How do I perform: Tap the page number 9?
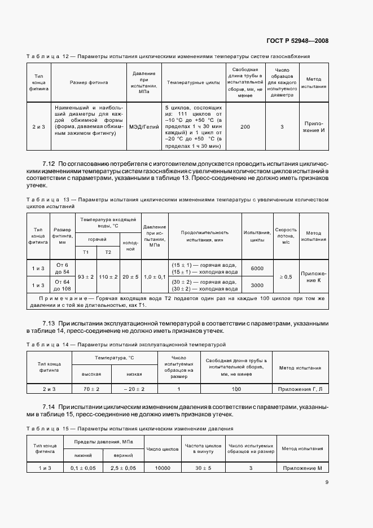tap(327, 482)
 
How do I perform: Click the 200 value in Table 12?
tap(245, 126)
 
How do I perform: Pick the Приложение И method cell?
tap(314, 126)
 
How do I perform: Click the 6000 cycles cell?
tap(257, 269)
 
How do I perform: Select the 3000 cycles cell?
tap(257, 285)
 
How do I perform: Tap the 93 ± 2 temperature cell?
tap(86, 277)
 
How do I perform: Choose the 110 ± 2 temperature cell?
tap(107, 277)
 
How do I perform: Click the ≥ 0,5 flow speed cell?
tap(286, 277)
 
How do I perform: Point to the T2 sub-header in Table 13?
tap(107, 252)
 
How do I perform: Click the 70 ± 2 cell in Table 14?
tap(91, 389)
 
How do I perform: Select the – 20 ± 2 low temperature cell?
tap(135, 389)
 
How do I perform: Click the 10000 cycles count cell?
tap(163, 468)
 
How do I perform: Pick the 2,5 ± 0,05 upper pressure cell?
tap(123, 468)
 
